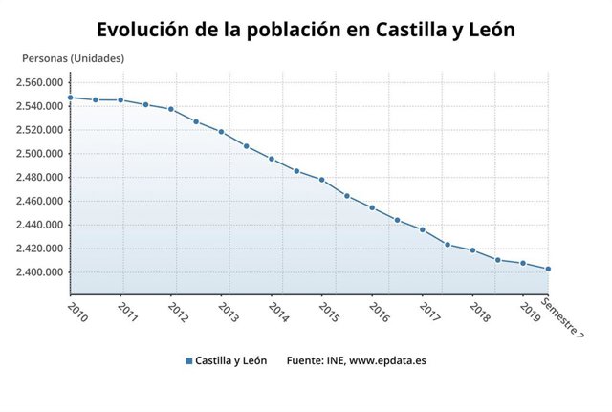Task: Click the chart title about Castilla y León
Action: click(x=306, y=29)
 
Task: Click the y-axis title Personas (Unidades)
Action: click(x=73, y=58)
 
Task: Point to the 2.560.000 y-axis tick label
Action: click(x=39, y=82)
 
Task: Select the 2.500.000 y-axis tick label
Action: click(x=39, y=154)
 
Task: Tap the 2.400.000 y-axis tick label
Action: click(x=39, y=272)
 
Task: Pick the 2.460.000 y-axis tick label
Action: click(x=39, y=202)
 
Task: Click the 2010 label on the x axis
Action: click(x=76, y=312)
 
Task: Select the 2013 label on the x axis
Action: click(x=228, y=312)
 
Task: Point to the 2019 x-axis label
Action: click(x=529, y=312)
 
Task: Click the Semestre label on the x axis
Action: click(x=561, y=316)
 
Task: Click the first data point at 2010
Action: click(x=70, y=98)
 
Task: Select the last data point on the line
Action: click(x=548, y=269)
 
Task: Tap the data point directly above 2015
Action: click(x=321, y=180)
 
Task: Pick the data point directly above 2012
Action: click(x=170, y=109)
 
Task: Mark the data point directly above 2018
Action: click(x=472, y=250)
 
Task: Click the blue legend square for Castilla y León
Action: click(x=189, y=361)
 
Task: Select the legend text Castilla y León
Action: click(x=230, y=361)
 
